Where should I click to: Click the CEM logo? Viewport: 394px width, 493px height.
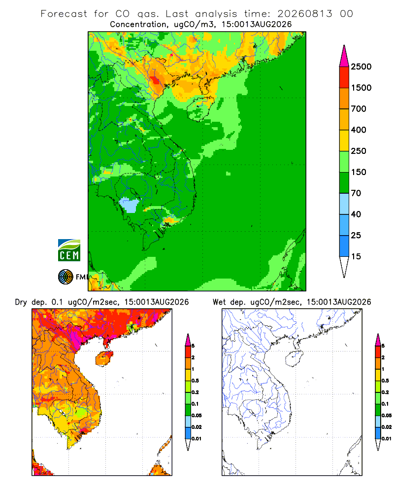point(69,250)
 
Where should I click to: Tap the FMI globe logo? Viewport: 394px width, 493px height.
point(66,277)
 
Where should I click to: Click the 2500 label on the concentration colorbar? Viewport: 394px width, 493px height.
point(361,67)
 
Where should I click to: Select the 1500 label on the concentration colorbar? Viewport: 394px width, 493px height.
point(361,88)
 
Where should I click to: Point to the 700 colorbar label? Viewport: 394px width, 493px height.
point(359,109)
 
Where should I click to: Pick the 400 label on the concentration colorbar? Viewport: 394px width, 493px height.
point(359,130)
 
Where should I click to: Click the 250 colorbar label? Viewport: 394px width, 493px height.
point(359,151)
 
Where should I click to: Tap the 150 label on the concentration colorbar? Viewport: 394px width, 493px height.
point(359,172)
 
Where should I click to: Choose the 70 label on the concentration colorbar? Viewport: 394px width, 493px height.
point(356,193)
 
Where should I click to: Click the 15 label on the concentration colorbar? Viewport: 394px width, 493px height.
point(356,256)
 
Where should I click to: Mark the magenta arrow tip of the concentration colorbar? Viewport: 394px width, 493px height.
point(344,45)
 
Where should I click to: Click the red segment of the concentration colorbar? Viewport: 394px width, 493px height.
point(344,77)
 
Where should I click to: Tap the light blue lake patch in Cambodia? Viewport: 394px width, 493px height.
point(129,205)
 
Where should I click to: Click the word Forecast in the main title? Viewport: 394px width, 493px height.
point(64,14)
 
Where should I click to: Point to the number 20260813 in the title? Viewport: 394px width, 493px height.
point(304,14)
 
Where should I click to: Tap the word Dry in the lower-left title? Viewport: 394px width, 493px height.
point(21,302)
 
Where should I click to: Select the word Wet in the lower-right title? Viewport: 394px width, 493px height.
point(220,302)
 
